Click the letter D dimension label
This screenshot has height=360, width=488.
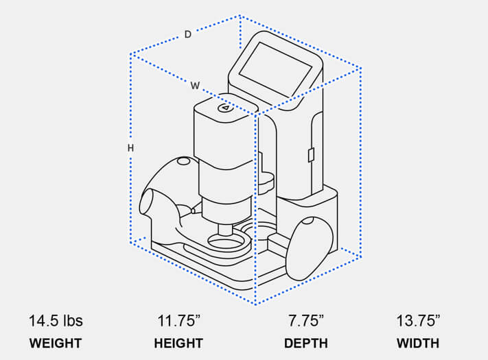pos(187,34)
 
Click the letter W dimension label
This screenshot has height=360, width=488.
pos(196,86)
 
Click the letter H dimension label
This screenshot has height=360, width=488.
pos(130,148)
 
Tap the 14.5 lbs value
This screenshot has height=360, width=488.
pos(55,321)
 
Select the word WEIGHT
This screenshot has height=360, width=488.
pos(55,344)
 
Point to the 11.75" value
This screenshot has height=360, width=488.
pos(178,321)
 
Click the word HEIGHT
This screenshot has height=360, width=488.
pos(178,344)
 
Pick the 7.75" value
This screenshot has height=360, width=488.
pos(305,321)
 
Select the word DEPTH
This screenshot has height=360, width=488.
pos(305,344)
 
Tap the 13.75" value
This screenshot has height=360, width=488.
pos(418,321)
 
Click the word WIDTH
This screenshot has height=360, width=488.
pos(418,344)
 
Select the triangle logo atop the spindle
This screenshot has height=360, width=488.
pos(225,108)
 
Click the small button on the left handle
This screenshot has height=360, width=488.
pos(183,161)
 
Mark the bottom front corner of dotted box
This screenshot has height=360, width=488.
pos(255,304)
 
